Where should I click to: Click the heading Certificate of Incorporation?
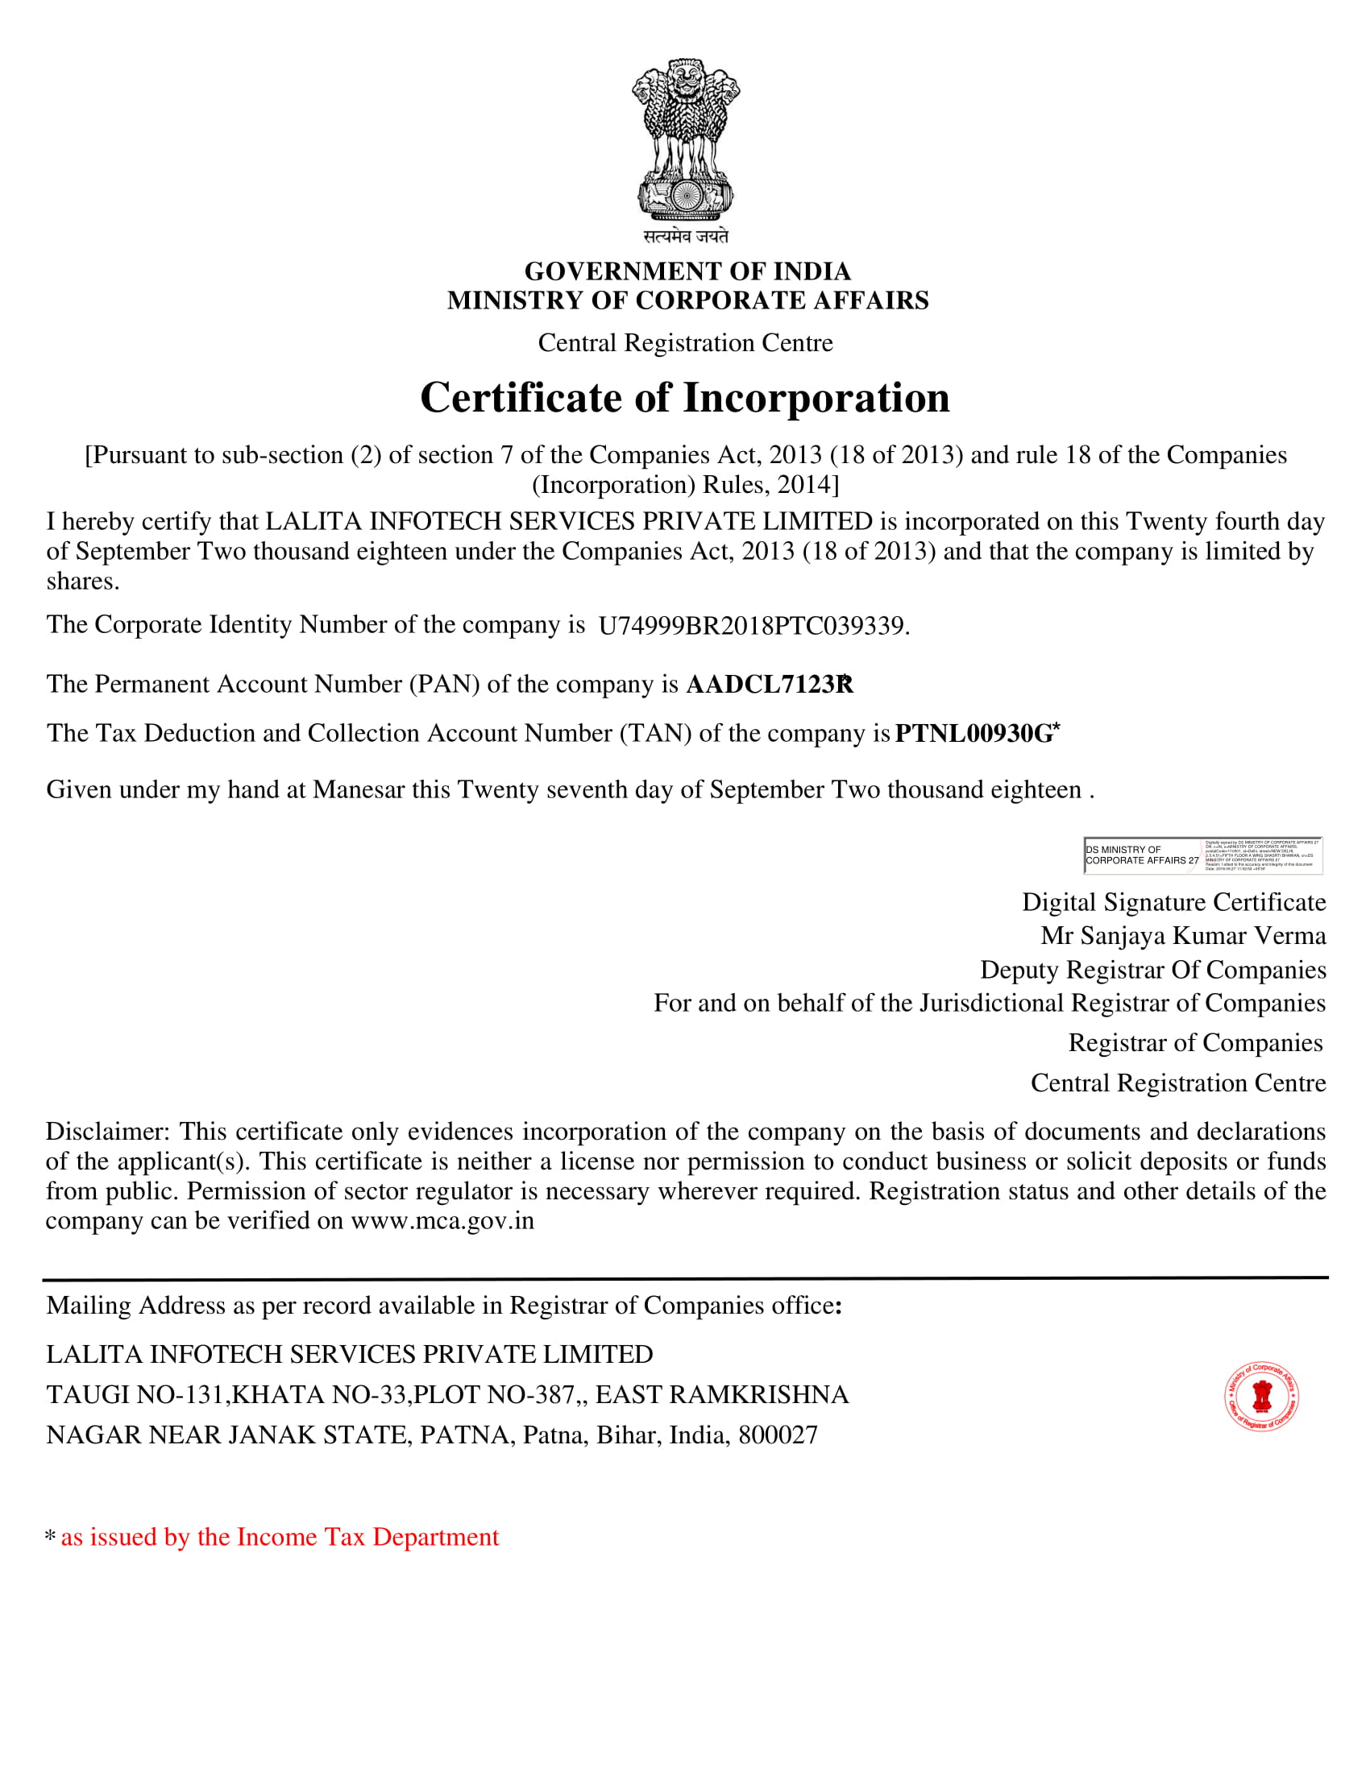coord(685,399)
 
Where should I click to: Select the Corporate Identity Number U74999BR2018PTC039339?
coord(753,626)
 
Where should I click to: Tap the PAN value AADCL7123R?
coord(770,685)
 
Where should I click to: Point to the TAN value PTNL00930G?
coord(974,734)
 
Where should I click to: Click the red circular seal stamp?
coord(1261,1397)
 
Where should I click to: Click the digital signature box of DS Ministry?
coord(1203,855)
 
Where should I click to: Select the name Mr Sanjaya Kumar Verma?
coord(1183,936)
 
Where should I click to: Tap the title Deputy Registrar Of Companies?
coord(1152,971)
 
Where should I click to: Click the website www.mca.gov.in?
coord(442,1221)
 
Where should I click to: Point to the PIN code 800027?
coord(778,1435)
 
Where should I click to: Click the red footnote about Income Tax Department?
coord(279,1538)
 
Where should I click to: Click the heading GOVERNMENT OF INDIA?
coord(687,271)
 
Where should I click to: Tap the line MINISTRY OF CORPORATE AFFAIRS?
coord(687,300)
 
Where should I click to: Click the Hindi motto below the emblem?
coord(686,236)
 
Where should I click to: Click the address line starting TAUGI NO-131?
coord(446,1395)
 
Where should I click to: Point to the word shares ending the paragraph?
coord(82,581)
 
